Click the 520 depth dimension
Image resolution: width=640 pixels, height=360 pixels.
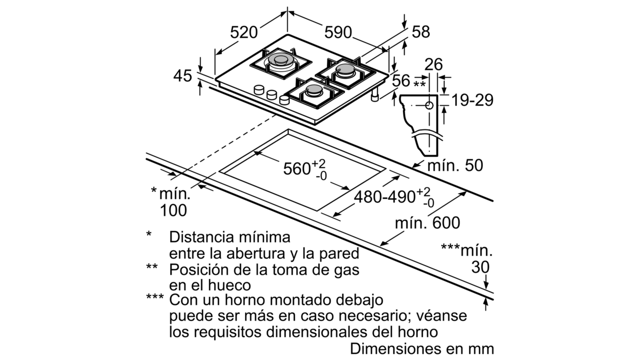click(x=244, y=32)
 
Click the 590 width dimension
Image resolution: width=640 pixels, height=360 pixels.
click(x=338, y=32)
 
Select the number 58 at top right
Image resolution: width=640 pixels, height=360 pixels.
click(x=420, y=32)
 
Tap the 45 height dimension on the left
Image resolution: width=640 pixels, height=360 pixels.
click(x=183, y=76)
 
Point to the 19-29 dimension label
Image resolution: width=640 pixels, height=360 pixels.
click(x=472, y=100)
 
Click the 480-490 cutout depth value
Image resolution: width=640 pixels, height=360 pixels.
click(x=384, y=197)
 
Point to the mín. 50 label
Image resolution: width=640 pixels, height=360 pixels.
click(x=455, y=166)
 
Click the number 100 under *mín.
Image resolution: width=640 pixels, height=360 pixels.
click(x=173, y=210)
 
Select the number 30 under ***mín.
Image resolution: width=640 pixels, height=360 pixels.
click(x=480, y=267)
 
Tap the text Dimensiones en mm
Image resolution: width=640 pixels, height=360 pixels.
click(x=422, y=349)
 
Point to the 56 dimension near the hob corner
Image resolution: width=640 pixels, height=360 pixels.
click(x=401, y=81)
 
